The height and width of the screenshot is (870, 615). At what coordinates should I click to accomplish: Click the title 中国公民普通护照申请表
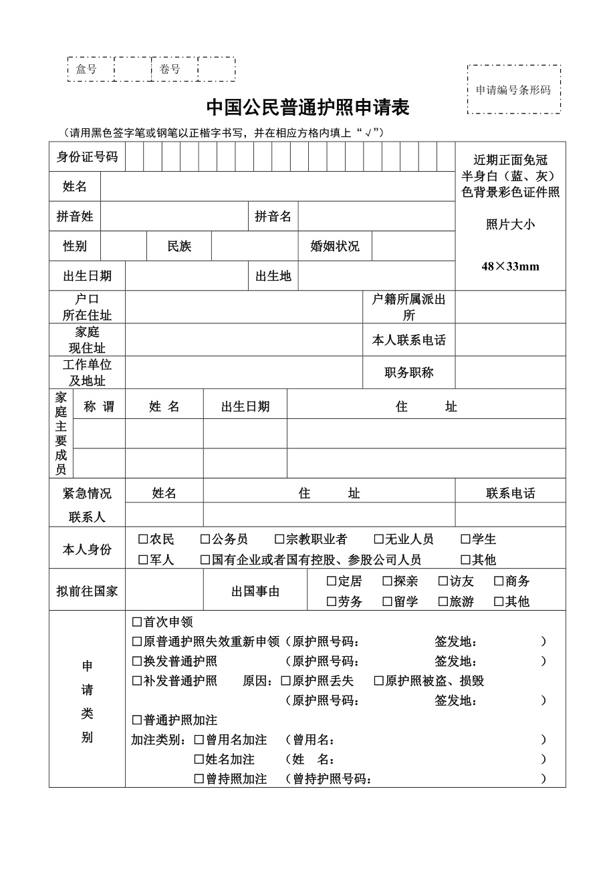[307, 108]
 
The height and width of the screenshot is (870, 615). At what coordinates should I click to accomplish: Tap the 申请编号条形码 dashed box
[513, 90]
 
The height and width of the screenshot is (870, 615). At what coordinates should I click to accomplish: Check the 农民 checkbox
[143, 539]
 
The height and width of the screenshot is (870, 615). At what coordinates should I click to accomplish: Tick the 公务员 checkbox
[205, 539]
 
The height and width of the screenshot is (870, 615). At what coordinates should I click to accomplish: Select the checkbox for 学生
[465, 539]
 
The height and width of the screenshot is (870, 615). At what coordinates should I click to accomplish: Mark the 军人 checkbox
[143, 560]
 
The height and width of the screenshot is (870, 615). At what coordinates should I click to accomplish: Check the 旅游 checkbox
[443, 601]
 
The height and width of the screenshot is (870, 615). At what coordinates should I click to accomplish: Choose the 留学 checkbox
[387, 601]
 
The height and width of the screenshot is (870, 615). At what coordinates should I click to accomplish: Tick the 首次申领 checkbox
[137, 622]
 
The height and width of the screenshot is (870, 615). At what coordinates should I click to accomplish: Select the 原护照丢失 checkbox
[285, 681]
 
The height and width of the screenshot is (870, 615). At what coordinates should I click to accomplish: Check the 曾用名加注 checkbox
[199, 740]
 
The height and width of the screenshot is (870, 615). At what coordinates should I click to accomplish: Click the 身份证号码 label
[87, 157]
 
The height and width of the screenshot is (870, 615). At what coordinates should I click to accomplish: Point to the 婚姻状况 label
[335, 246]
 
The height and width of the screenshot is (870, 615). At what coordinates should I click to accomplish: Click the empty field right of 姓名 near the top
[277, 186]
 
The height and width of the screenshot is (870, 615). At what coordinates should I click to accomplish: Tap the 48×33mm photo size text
[510, 267]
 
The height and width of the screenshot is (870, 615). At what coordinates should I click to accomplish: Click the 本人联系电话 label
[409, 340]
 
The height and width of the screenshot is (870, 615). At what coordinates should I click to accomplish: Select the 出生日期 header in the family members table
[245, 407]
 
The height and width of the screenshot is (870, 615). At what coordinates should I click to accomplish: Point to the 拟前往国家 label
[87, 591]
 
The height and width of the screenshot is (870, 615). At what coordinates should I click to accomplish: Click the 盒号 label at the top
[86, 69]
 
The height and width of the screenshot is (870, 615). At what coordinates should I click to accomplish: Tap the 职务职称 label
[409, 373]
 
